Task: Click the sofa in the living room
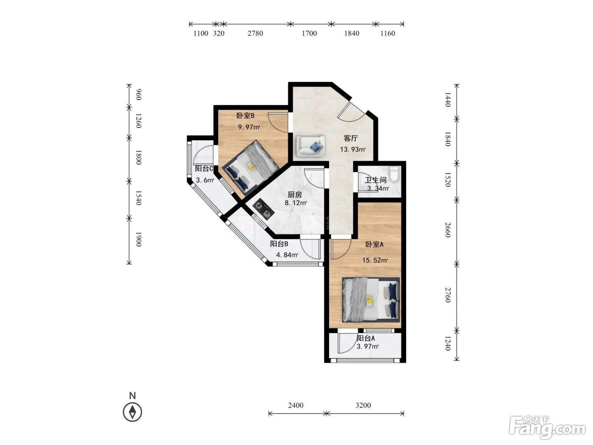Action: (310, 146)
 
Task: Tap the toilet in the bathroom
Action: (395, 174)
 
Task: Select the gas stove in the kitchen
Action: (263, 209)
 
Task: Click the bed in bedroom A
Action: (371, 300)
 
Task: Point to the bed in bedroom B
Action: (250, 168)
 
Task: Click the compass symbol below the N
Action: (133, 412)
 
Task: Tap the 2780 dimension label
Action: (255, 33)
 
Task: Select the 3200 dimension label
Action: (363, 405)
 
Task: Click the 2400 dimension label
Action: (296, 405)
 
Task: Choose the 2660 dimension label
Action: (448, 230)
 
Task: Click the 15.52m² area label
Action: (375, 260)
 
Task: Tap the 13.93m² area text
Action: (353, 150)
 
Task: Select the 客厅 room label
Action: (351, 138)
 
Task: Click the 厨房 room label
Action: (294, 195)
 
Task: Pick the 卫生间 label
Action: (376, 180)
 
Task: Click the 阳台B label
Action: (279, 244)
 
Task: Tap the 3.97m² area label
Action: (368, 346)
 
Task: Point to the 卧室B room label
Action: (245, 116)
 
